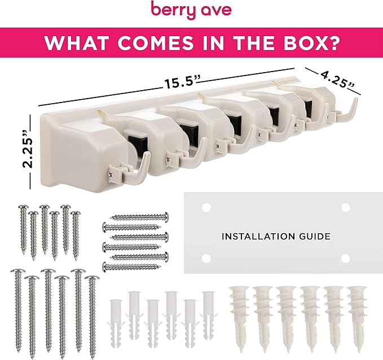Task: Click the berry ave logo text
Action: pyautogui.click(x=191, y=10)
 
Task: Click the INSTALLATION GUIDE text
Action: pyautogui.click(x=276, y=237)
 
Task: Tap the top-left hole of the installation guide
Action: pyautogui.click(x=206, y=207)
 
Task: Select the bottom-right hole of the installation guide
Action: pyautogui.click(x=345, y=258)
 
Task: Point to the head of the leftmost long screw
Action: pyautogui.click(x=17, y=271)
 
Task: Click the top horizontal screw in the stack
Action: pyautogui.click(x=140, y=216)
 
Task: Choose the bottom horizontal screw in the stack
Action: pyautogui.click(x=131, y=266)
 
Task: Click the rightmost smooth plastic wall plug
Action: pyautogui.click(x=209, y=315)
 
